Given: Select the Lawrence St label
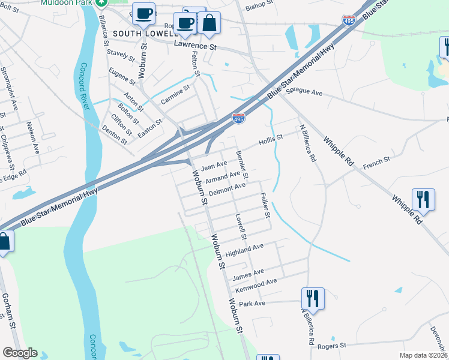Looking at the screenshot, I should pyautogui.click(x=195, y=45).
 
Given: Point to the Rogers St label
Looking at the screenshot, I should pyautogui.click(x=335, y=346).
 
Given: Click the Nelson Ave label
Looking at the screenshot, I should pyautogui.click(x=32, y=137).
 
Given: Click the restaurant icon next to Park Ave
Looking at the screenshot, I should pyautogui.click(x=313, y=298).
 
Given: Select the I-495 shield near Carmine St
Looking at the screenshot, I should pyautogui.click(x=238, y=118).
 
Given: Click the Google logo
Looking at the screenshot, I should pyautogui.click(x=19, y=353).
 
